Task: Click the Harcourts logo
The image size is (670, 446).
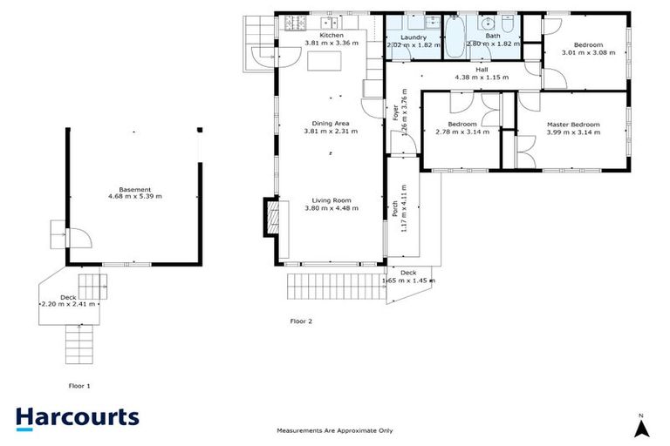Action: coord(78,416)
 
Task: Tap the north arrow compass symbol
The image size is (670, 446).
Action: coord(641,426)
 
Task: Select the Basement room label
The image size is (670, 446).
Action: coord(135,189)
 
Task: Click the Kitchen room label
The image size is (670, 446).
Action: coord(331,35)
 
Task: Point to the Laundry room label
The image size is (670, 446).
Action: coord(412,37)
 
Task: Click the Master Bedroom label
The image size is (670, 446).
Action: coord(573,125)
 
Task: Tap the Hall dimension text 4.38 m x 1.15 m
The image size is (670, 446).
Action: coord(481,78)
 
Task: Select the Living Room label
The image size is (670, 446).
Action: coord(332,199)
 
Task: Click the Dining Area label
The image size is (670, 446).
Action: coord(331,124)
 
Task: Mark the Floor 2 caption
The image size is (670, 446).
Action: coord(301,321)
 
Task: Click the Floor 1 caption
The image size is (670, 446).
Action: coord(79,385)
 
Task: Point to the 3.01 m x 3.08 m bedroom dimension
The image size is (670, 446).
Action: coord(587,52)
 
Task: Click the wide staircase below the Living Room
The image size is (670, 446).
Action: coord(336,284)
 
